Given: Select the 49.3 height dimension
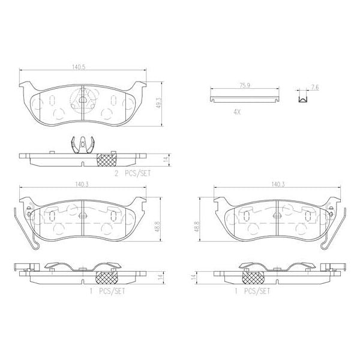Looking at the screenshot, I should coord(158,103).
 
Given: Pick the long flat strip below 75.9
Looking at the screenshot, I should coord(244,94).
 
